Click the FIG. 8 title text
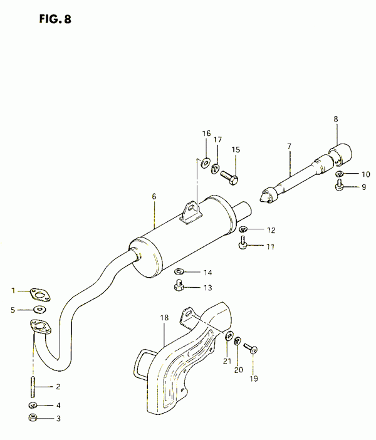pyautogui.click(x=55, y=19)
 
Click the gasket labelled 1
pyautogui.click(x=40, y=295)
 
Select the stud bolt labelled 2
pyautogui.click(x=33, y=387)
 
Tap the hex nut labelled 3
pyautogui.click(x=33, y=418)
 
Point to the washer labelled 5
pyautogui.click(x=40, y=310)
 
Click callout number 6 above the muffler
pyautogui.click(x=154, y=196)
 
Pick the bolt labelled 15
pyautogui.click(x=230, y=178)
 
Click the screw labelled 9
pyautogui.click(x=339, y=185)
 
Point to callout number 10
pyautogui.click(x=365, y=174)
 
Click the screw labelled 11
pyautogui.click(x=243, y=243)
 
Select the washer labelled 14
pyautogui.click(x=179, y=271)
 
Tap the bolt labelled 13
pyautogui.click(x=179, y=285)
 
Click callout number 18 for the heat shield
pyautogui.click(x=164, y=318)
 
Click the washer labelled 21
pyautogui.click(x=229, y=336)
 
